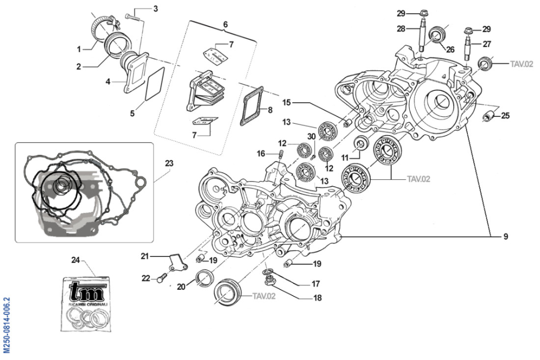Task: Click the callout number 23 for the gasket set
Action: (x=169, y=163)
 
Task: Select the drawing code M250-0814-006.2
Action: (x=6, y=325)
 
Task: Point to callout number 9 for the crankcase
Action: (x=505, y=237)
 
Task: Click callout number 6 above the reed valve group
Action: (x=225, y=24)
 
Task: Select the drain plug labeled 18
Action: (x=269, y=282)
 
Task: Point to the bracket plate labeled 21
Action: (x=176, y=262)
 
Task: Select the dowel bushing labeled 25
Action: (x=489, y=117)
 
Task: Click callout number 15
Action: (x=286, y=102)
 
